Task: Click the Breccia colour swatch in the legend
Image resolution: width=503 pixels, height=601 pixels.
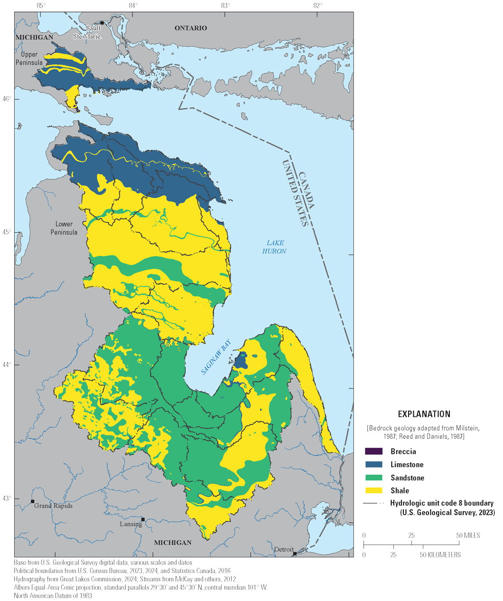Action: point(373,451)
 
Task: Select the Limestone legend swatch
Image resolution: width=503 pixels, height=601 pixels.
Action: point(373,465)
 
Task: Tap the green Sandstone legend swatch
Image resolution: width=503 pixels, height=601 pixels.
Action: point(373,478)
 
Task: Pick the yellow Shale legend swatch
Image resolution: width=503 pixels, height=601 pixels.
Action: point(373,490)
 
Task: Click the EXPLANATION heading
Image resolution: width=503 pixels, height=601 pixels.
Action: point(424,414)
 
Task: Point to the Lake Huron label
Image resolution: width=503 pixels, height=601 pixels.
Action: point(274,247)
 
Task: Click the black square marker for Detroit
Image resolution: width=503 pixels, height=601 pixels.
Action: point(295,554)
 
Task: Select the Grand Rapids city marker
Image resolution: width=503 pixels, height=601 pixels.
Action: point(32,501)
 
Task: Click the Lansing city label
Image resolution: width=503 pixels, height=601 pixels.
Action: point(130,524)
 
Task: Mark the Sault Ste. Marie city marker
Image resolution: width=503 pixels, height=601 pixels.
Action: point(102,23)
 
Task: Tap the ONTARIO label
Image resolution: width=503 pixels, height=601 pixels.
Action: point(191,28)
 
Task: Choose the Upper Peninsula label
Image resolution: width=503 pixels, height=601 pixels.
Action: point(29,58)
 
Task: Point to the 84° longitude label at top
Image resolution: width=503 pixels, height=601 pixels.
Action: point(133,6)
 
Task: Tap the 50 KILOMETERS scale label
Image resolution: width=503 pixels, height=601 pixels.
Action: point(439,554)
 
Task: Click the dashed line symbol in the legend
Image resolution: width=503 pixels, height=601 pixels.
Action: point(373,503)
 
